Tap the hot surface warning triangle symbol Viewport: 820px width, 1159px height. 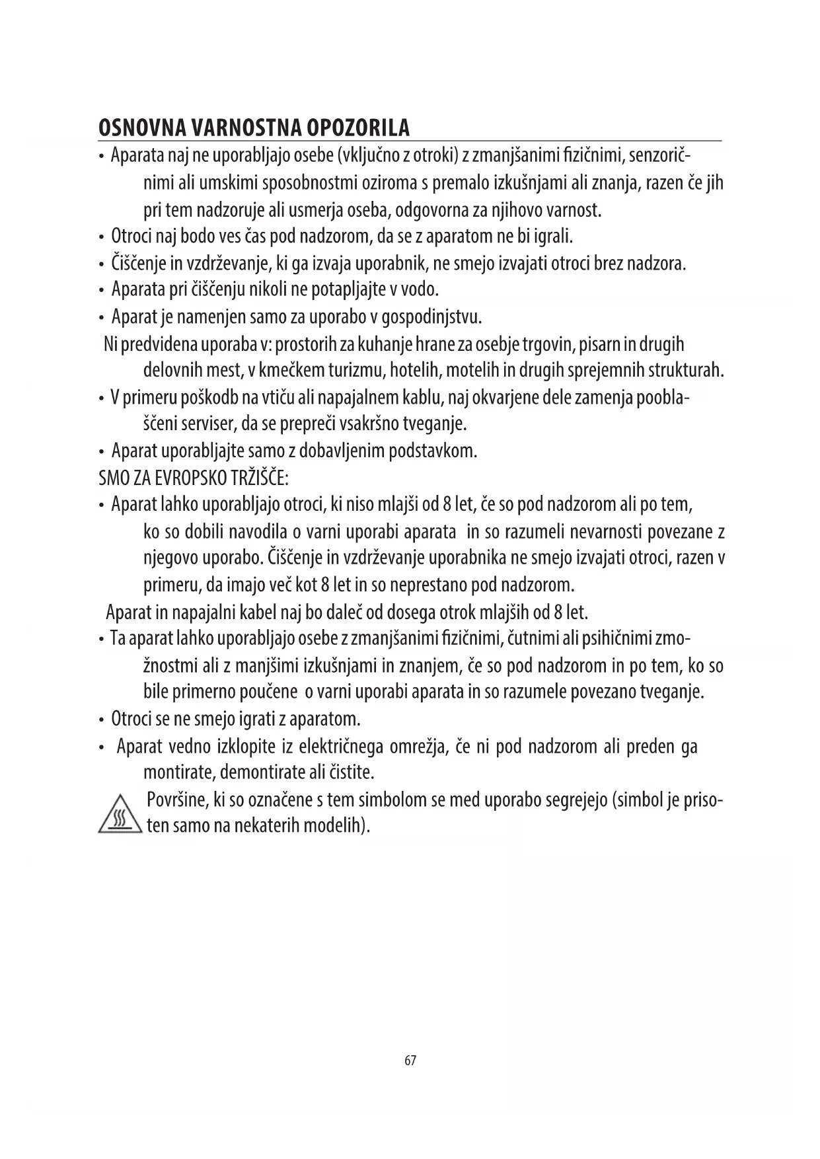120,815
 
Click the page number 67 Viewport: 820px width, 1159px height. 410,1061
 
